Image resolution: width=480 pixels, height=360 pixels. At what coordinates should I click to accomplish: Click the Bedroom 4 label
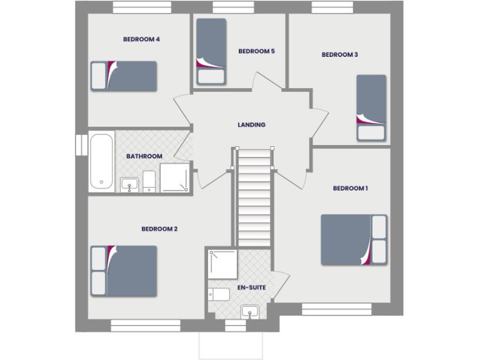tap(141, 39)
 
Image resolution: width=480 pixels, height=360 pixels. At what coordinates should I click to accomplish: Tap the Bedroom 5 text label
tap(256, 51)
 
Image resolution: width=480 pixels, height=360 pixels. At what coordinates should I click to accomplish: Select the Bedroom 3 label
tap(339, 54)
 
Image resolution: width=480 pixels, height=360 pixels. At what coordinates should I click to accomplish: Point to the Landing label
tap(251, 124)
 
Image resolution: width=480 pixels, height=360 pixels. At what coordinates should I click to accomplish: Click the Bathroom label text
tap(144, 156)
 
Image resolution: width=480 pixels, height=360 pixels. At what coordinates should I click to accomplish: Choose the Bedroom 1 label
tap(350, 188)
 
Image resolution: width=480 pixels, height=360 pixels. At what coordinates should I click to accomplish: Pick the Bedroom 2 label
tap(159, 229)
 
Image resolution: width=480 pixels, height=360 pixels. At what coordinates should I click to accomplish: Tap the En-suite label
tap(251, 287)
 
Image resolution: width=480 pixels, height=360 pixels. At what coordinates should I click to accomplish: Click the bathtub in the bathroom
tap(101, 160)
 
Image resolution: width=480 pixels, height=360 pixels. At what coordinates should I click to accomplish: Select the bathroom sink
tap(129, 184)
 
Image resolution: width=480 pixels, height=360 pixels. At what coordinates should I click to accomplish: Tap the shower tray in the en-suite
tap(222, 264)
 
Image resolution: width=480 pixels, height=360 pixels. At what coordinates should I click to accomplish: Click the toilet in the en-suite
tap(219, 294)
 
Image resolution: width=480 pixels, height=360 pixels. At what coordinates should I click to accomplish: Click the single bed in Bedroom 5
tap(211, 51)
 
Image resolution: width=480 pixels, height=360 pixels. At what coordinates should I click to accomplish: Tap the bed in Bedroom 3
tap(371, 108)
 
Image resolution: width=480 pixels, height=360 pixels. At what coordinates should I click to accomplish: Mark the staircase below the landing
tap(254, 197)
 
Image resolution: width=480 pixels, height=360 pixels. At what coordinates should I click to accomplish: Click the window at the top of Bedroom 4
tap(142, 7)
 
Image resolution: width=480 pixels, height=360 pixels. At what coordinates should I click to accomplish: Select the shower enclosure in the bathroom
tap(175, 177)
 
